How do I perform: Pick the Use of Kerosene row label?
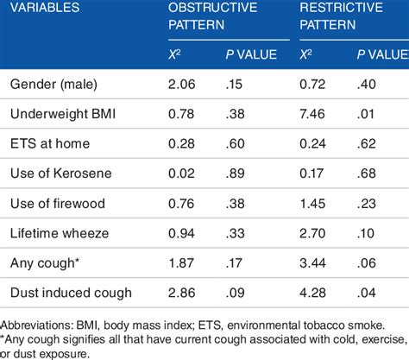pyautogui.click(x=58, y=173)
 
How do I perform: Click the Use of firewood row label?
pyautogui.click(x=55, y=203)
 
